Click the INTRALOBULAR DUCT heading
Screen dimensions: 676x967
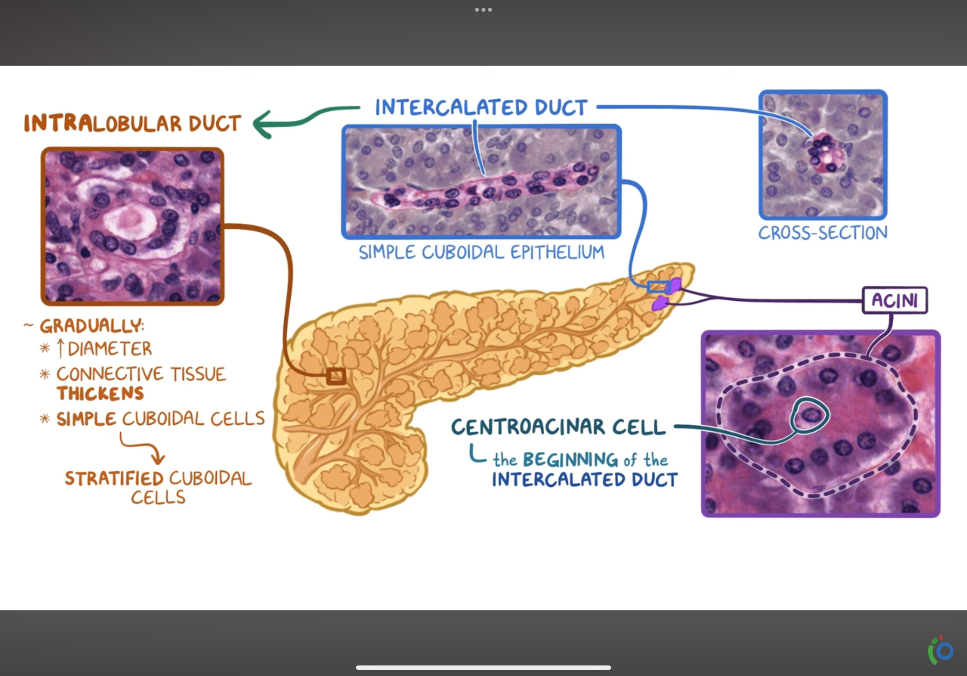point(132,123)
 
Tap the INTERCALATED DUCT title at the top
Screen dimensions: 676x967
point(481,107)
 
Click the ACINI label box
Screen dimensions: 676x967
point(895,300)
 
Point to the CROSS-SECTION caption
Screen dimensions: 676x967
point(822,233)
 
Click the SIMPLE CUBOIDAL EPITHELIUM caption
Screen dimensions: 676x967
point(481,252)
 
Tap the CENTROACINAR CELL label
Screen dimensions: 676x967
point(558,427)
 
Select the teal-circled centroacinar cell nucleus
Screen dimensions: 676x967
point(810,415)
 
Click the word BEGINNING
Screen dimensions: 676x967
point(570,459)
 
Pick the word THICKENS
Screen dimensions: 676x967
point(100,393)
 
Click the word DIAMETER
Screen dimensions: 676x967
point(109,349)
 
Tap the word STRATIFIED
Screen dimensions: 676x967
point(114,478)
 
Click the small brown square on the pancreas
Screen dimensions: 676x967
point(336,376)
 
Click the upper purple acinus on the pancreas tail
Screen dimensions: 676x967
point(675,285)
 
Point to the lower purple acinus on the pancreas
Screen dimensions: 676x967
point(660,303)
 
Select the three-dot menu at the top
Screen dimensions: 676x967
point(483,9)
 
